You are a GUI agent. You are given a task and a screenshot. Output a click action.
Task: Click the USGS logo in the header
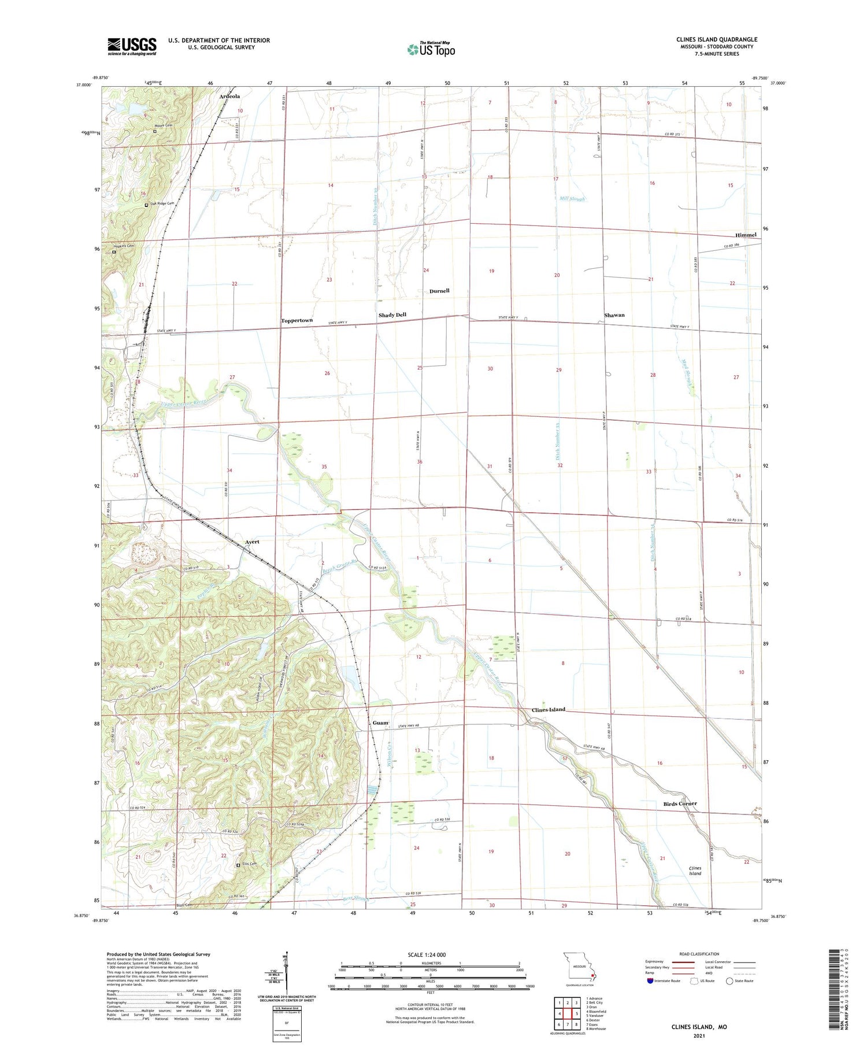132,46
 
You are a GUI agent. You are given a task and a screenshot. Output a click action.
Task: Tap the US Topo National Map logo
431,49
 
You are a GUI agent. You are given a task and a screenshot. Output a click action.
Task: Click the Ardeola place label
229,96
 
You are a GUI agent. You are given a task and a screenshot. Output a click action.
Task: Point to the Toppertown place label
297,320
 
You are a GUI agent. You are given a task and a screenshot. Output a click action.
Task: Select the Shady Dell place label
392,315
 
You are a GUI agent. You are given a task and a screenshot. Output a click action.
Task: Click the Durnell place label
439,291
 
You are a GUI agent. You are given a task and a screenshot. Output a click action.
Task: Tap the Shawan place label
614,315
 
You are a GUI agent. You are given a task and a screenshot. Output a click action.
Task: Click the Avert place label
252,542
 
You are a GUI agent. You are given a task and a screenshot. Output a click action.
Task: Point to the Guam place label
380,723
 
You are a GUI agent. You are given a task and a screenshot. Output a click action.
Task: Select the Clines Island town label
549,710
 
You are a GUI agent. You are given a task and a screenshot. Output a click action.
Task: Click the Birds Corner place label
680,803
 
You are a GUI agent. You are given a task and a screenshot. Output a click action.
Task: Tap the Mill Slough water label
572,199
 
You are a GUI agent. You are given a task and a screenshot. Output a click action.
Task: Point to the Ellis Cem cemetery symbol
238,865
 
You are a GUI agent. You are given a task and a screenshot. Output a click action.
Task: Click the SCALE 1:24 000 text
431,955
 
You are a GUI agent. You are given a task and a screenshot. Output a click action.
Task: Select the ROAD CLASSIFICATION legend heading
699,954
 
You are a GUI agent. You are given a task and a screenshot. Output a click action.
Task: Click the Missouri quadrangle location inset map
579,966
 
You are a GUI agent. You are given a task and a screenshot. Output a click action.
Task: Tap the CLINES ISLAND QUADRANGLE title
717,39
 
